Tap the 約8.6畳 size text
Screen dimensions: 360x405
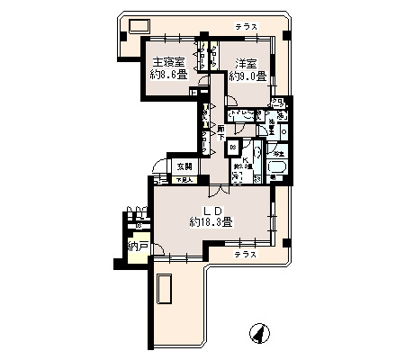pos(167,76)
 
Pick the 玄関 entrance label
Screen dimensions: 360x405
pos(184,166)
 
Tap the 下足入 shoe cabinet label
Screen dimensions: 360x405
pos(184,180)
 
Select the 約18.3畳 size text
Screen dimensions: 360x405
pos(212,222)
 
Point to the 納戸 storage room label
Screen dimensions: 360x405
pos(138,245)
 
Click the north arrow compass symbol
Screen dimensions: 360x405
pos(257,334)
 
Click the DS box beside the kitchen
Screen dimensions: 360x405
pos(232,147)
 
